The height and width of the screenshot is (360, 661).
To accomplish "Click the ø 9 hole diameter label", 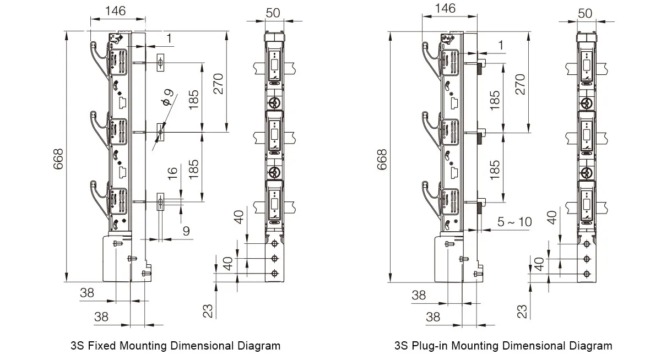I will coord(167,97).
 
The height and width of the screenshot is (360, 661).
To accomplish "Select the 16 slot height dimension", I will coord(173,172).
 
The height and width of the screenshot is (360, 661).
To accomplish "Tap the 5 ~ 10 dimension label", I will coord(514,222).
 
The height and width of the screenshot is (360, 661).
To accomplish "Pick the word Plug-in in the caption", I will coord(430,346).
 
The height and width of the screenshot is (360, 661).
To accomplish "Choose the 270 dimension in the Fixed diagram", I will coord(218,84).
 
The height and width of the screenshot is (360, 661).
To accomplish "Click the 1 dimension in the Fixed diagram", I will coord(169,39).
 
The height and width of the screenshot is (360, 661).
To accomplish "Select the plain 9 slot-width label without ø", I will coord(186,231).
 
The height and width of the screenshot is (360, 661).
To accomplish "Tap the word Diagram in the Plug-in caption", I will coord(590,346).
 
